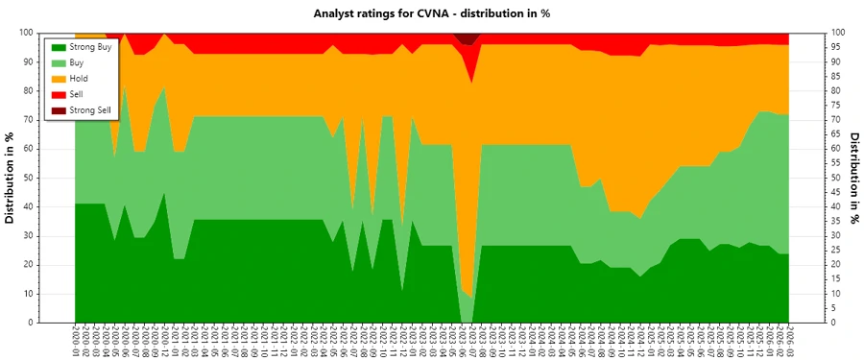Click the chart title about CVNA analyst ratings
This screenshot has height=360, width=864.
[431, 13]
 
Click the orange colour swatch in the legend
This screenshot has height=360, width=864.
[59, 79]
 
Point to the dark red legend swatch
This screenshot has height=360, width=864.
[59, 110]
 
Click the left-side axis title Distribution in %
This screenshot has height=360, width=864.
[12, 178]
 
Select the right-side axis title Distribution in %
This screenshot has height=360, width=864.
[853, 178]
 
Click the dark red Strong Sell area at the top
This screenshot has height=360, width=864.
[468, 38]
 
